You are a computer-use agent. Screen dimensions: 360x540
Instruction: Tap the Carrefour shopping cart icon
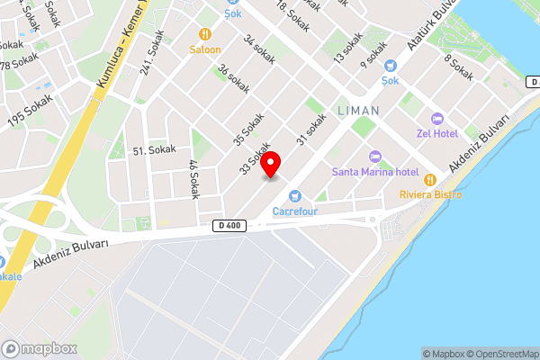tap(293, 196)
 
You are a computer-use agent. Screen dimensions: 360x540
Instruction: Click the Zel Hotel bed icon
tap(437, 119)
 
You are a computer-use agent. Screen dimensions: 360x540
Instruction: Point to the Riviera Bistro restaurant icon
tap(430, 179)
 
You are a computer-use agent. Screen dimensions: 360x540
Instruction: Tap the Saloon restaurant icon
tap(204, 34)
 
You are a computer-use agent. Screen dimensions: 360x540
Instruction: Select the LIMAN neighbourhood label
tap(358, 110)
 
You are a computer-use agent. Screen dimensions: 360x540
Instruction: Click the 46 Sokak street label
tap(193, 179)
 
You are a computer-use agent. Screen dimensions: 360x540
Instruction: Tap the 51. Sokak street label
tap(154, 150)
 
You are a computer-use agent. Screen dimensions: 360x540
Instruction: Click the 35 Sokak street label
tap(249, 129)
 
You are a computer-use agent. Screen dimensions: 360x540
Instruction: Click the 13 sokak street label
tap(349, 45)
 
